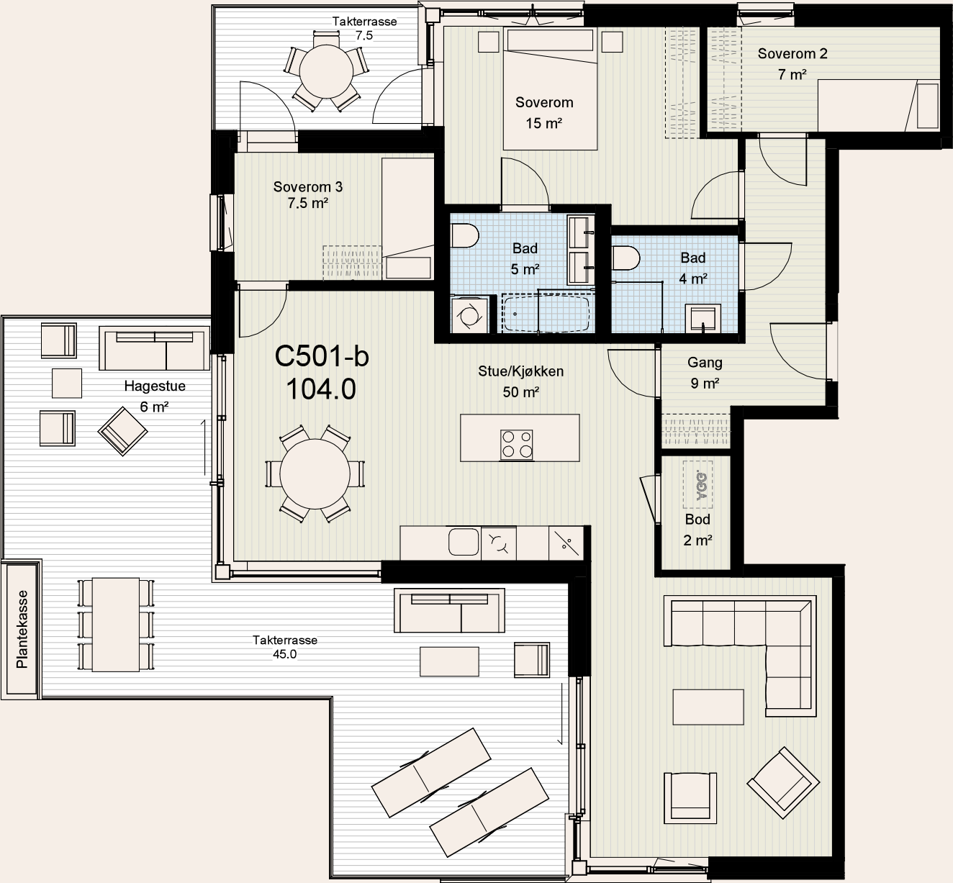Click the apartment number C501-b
click(x=322, y=356)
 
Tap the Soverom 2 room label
click(x=792, y=54)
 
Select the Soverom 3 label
click(x=308, y=186)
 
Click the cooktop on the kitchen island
click(x=516, y=445)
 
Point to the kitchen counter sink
click(x=464, y=541)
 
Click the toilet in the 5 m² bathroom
click(x=465, y=237)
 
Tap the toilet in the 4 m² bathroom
click(x=626, y=258)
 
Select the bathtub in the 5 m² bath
click(x=546, y=313)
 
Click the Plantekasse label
click(x=22, y=629)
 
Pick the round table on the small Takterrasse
click(x=326, y=72)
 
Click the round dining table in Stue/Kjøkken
click(x=315, y=474)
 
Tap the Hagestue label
click(x=155, y=386)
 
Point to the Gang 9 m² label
click(x=705, y=373)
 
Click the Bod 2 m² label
click(x=697, y=530)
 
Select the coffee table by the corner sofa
click(x=708, y=707)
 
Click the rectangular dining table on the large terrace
click(x=116, y=625)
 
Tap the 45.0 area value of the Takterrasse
click(x=284, y=654)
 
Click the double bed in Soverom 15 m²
click(x=551, y=89)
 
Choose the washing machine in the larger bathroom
click(x=470, y=315)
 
